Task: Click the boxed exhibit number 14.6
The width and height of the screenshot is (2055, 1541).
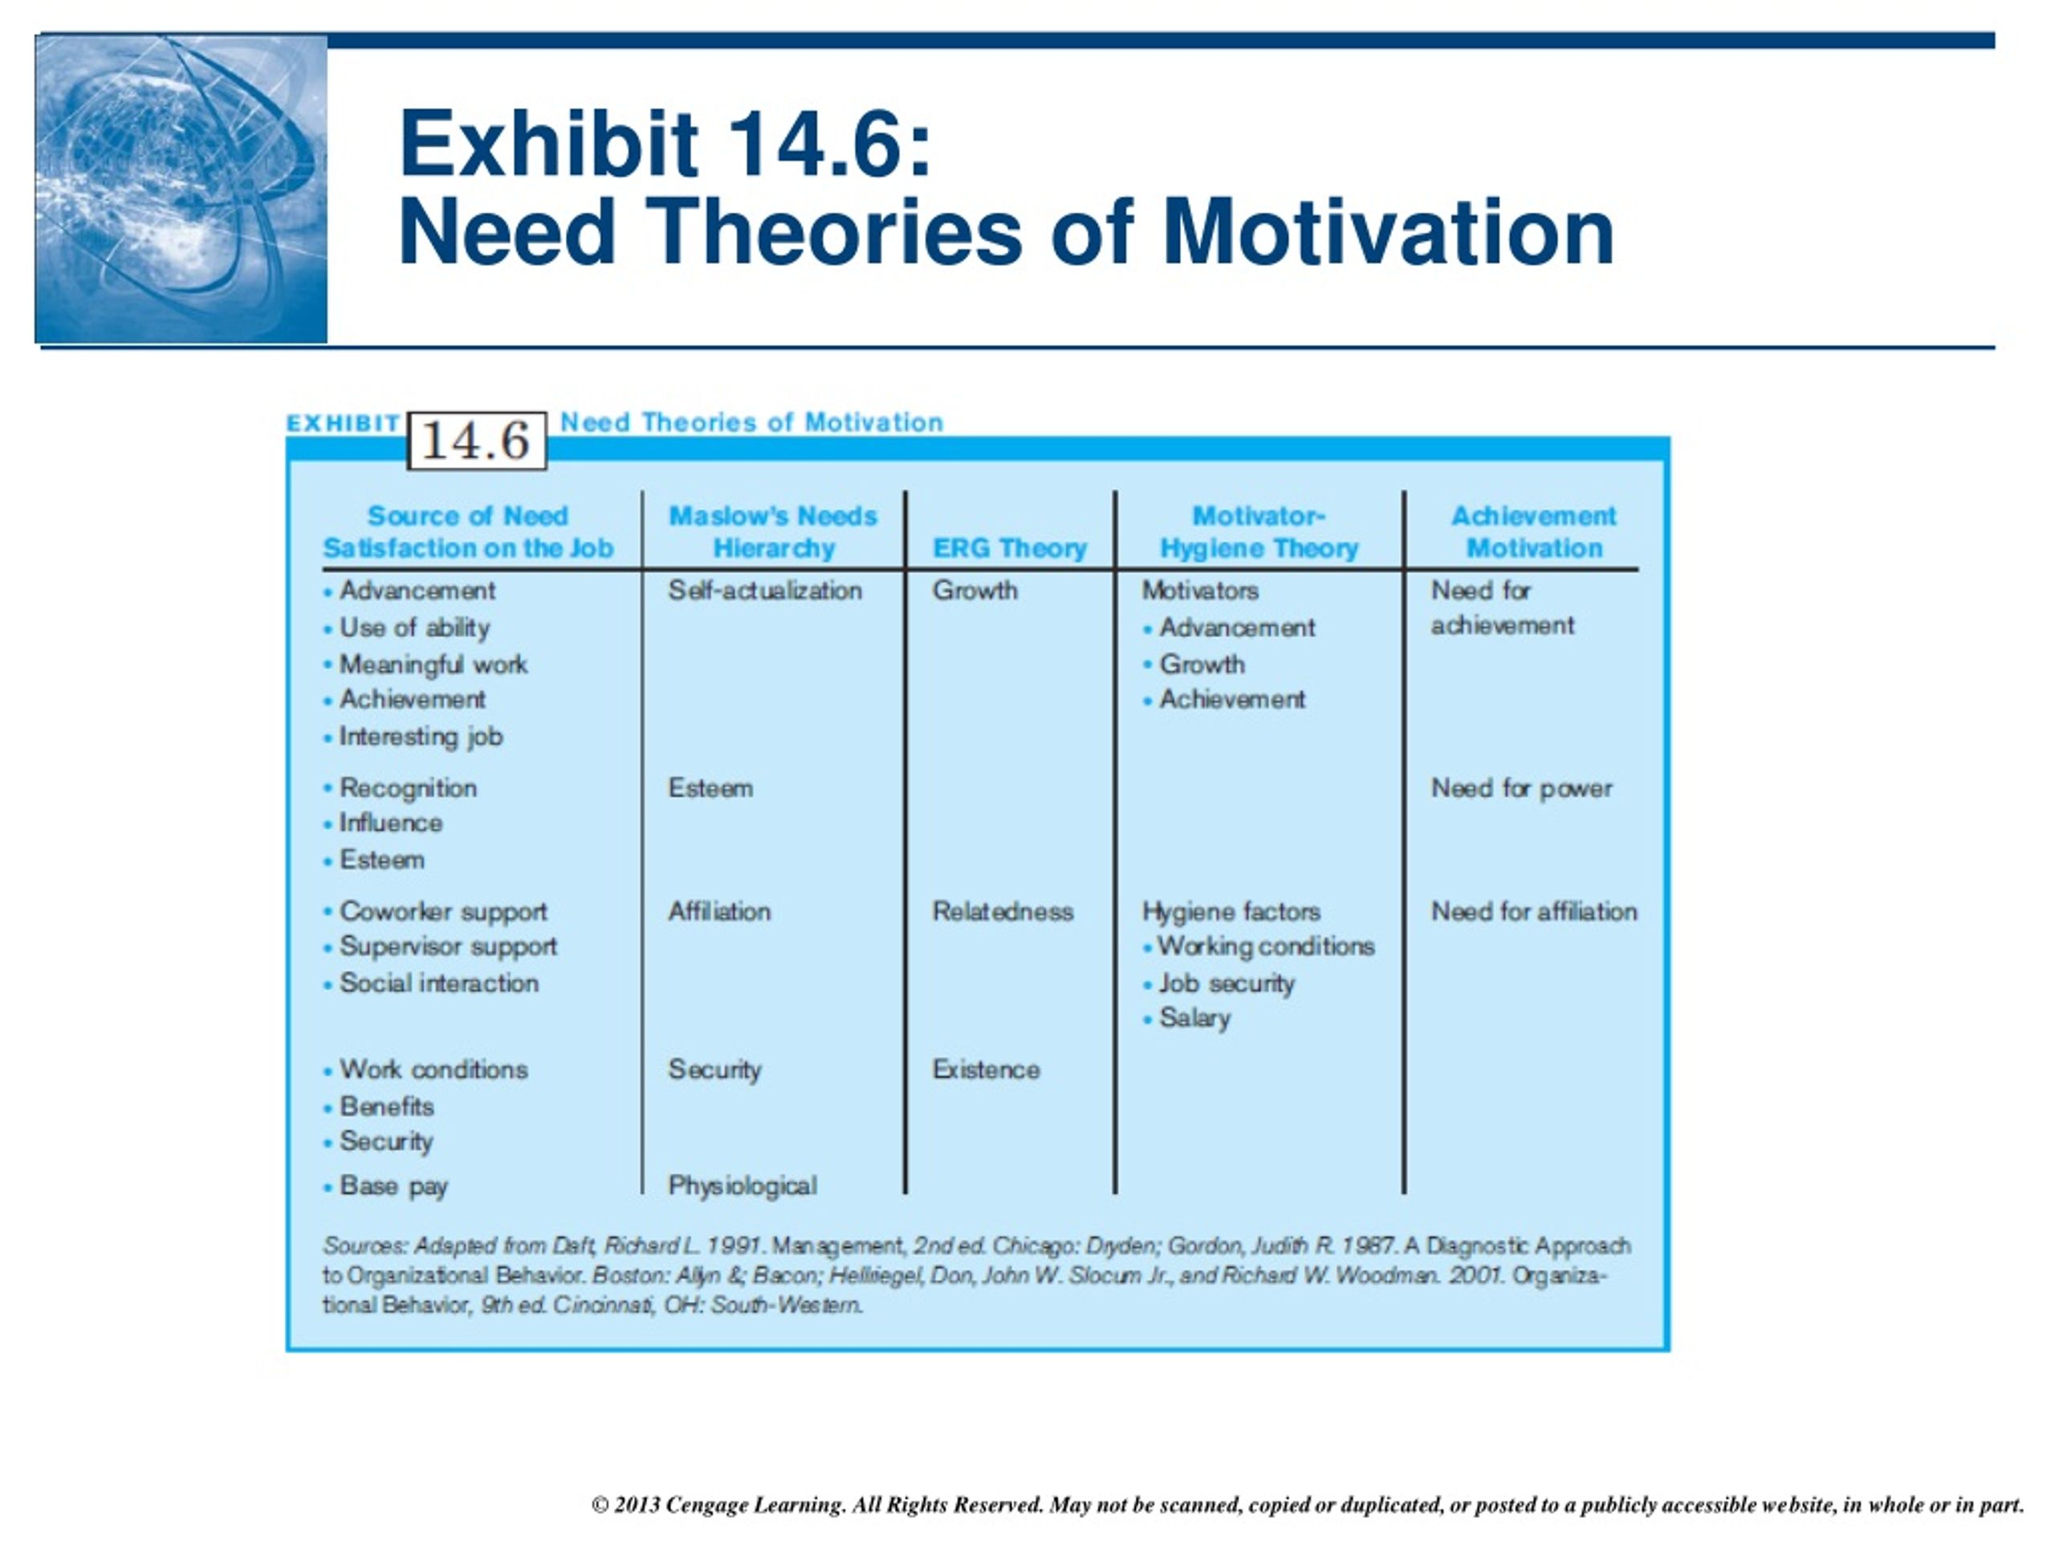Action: [x=477, y=441]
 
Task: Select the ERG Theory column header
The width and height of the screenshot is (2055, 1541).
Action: [x=1010, y=548]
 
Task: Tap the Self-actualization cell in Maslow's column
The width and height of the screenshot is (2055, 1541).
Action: [x=764, y=591]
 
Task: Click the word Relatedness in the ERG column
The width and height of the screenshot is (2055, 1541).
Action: [x=1003, y=911]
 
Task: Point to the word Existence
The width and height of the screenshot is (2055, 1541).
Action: [x=986, y=1069]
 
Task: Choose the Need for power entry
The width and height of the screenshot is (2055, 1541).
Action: [x=1521, y=789]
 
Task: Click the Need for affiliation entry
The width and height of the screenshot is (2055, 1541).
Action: [x=1534, y=911]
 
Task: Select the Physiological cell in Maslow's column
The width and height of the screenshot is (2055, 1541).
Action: [x=743, y=1186]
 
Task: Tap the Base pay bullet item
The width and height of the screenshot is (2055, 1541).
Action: [x=385, y=1186]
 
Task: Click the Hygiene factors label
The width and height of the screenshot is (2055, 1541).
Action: [x=1231, y=912]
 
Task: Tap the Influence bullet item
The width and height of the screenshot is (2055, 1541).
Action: [x=383, y=823]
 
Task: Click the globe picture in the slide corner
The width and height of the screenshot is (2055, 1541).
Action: [x=181, y=189]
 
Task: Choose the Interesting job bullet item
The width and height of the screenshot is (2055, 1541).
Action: [x=413, y=737]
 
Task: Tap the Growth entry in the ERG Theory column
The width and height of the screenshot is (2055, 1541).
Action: [x=975, y=591]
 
